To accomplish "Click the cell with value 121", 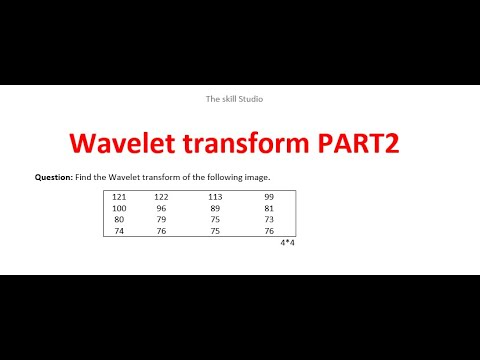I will (119, 197).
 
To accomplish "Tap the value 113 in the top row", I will (215, 197).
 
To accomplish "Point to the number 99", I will (269, 197).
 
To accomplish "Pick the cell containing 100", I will (119, 208).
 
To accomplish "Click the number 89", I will (215, 208).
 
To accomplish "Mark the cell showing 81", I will (269, 208).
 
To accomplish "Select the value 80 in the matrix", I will (119, 219).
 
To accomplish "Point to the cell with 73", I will (269, 219).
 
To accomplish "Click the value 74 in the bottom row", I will (119, 230).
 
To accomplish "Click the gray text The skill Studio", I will (235, 99).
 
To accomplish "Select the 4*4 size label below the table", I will (287, 242).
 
